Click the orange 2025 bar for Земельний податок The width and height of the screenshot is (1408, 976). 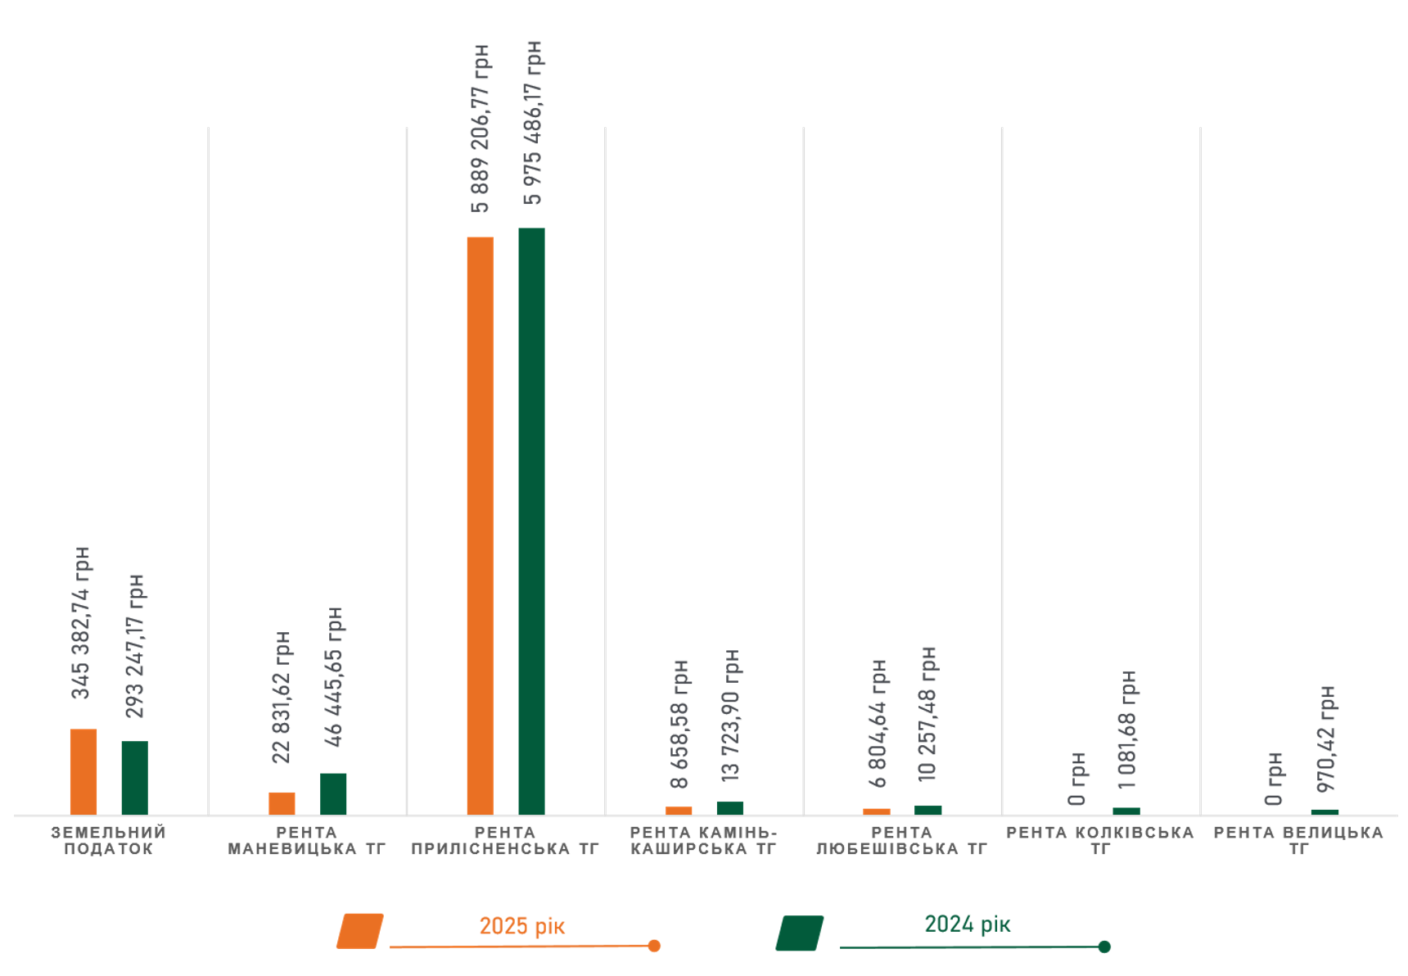(x=83, y=771)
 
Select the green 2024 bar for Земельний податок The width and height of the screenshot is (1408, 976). (x=135, y=777)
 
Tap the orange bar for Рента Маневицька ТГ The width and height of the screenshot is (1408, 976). (x=282, y=803)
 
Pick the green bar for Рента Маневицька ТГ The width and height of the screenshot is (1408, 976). (x=333, y=793)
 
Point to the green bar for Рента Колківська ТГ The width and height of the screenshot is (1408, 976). (x=1126, y=811)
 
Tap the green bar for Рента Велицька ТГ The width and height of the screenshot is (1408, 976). (x=1325, y=812)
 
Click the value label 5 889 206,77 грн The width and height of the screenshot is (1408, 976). (x=481, y=129)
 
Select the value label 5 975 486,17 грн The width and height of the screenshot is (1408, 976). (x=532, y=123)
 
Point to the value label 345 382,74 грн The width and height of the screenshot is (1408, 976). (x=81, y=622)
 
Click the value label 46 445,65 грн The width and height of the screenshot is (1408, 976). (x=333, y=676)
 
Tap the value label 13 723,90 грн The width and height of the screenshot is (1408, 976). (x=730, y=714)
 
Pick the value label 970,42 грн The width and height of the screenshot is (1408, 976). (x=1326, y=739)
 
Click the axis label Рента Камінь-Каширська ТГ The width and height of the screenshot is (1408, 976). (x=703, y=841)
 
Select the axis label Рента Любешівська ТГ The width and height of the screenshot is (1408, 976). (x=901, y=841)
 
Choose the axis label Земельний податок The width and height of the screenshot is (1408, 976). (x=109, y=841)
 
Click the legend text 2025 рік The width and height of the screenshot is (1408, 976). (x=521, y=926)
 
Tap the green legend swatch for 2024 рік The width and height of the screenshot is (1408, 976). (x=800, y=933)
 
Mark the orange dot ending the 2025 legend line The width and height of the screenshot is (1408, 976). (x=654, y=946)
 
